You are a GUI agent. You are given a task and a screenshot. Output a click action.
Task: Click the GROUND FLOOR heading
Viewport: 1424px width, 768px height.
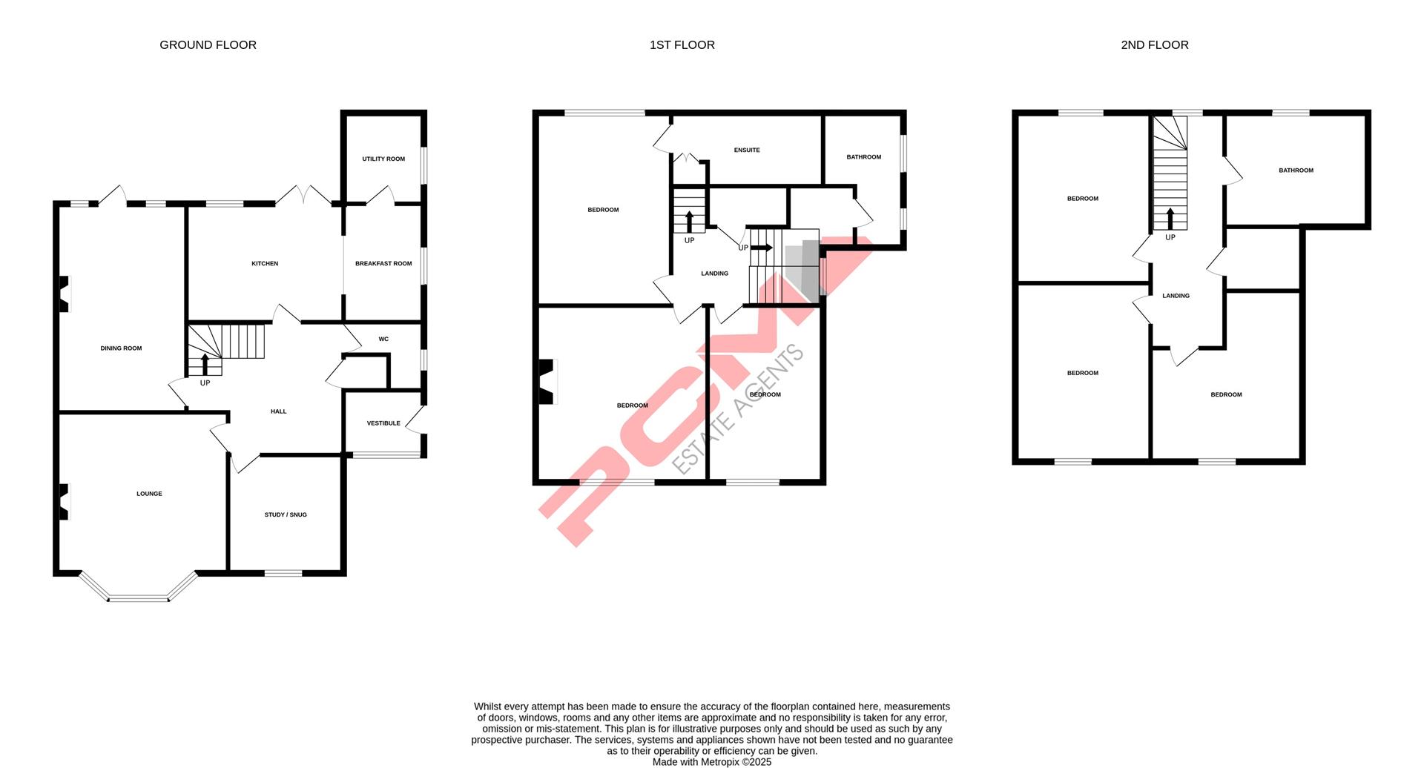coord(208,45)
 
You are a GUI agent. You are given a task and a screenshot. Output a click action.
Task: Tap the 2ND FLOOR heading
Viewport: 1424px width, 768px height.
coord(1154,45)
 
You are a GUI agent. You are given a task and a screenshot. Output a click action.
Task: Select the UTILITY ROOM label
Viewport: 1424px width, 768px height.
coord(383,159)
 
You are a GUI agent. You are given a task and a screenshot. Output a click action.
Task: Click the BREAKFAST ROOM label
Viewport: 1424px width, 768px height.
coord(383,263)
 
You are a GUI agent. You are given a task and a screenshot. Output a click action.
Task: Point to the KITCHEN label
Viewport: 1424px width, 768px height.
coord(265,263)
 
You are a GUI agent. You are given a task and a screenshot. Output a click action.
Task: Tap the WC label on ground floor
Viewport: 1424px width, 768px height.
coord(383,339)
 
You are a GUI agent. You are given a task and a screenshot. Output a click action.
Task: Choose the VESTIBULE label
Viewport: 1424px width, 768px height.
coord(383,423)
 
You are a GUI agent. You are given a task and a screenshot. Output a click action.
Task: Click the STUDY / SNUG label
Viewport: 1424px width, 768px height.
coord(286,514)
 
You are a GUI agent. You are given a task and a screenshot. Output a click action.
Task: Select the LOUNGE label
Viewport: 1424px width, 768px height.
coord(149,494)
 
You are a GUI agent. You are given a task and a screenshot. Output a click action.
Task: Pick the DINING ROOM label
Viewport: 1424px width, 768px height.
coord(121,348)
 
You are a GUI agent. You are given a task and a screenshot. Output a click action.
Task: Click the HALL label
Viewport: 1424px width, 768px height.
coord(278,411)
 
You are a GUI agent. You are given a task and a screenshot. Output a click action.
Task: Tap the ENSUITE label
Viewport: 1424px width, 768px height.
coord(747,150)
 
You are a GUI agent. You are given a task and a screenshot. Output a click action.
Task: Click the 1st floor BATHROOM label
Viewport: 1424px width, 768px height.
coord(864,157)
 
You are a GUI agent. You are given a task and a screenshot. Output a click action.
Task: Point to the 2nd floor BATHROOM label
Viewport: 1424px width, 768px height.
coord(1296,171)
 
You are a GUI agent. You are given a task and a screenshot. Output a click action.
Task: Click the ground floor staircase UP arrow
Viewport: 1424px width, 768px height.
coord(205,365)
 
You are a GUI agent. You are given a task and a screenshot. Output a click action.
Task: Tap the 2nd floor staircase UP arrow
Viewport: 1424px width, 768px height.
coord(1170,219)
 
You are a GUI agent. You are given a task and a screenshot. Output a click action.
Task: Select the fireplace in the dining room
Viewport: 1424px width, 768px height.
coord(65,294)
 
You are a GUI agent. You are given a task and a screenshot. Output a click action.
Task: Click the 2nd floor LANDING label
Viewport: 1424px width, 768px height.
coord(1176,296)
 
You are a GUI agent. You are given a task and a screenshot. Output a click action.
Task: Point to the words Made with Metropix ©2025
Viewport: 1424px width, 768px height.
coord(712,762)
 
